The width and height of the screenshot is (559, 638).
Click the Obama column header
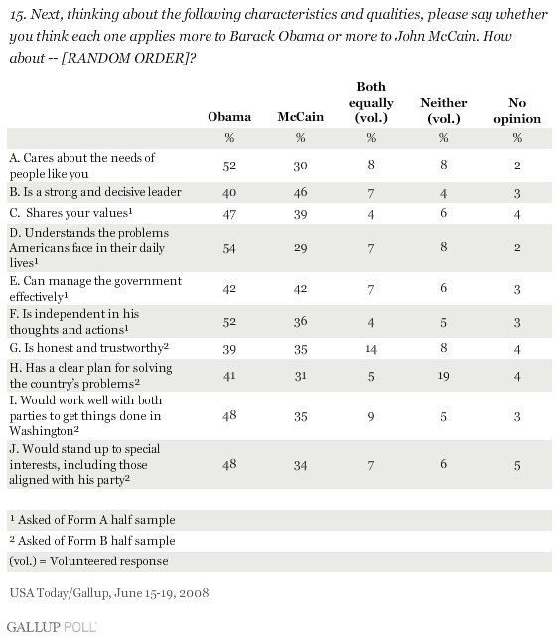[229, 117]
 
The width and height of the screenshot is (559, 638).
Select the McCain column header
[301, 117]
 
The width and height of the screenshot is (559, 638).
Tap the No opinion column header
[517, 110]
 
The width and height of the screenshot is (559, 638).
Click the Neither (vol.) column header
[443, 110]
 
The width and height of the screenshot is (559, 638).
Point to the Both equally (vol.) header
[371, 102]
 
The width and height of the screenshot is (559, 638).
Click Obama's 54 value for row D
[229, 248]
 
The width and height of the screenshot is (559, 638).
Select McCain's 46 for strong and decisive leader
[301, 192]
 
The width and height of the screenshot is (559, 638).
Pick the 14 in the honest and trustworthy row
[371, 349]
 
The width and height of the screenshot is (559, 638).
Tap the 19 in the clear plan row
[443, 376]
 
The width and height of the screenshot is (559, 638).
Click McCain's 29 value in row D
[301, 248]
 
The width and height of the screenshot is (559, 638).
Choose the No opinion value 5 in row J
[517, 465]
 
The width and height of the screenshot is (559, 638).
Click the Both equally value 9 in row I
[371, 416]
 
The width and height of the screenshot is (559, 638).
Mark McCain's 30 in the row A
[301, 166]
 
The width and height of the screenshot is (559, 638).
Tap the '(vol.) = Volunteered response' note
[88, 561]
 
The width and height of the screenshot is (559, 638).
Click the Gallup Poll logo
[52, 627]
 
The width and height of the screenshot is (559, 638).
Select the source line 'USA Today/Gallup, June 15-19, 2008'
[109, 593]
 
